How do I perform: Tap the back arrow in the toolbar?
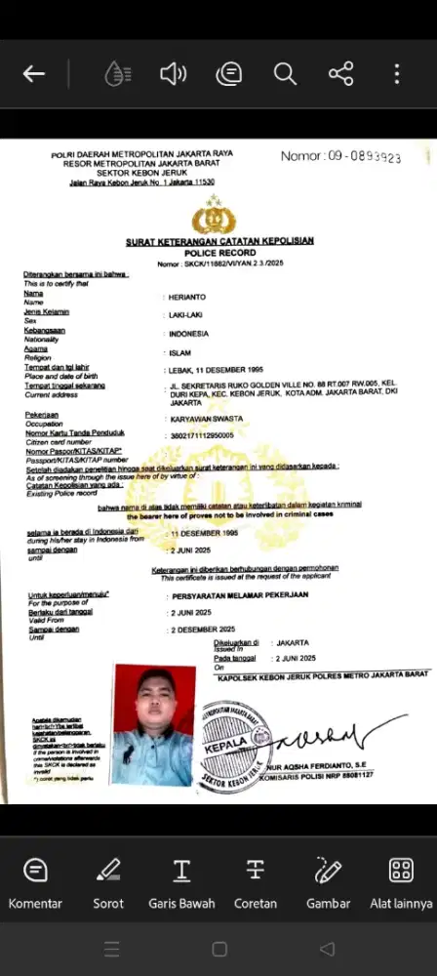click(34, 74)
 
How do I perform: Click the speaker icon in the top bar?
click(173, 74)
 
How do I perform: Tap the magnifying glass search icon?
click(285, 74)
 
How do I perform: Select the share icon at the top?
click(340, 74)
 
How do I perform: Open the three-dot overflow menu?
click(396, 74)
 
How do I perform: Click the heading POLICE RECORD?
click(218, 253)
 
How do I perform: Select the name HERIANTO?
click(187, 296)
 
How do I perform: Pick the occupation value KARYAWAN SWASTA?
click(206, 419)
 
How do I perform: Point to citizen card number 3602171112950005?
click(202, 435)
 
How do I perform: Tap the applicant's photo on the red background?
click(154, 712)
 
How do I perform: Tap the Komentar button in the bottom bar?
click(35, 882)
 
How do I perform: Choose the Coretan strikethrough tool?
click(256, 882)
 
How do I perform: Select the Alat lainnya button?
click(401, 882)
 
